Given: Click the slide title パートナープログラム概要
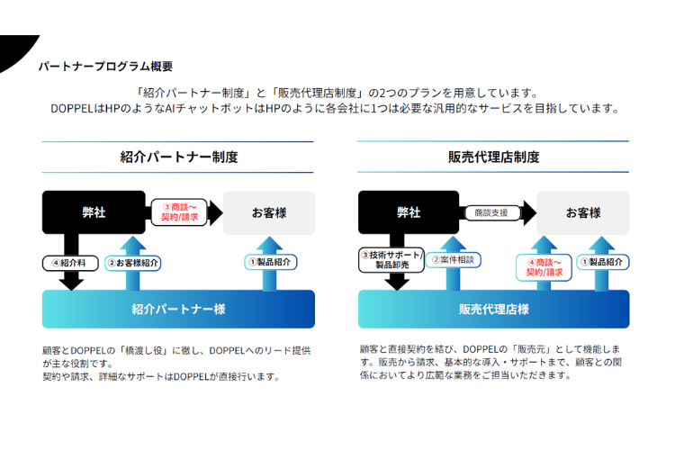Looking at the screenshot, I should click(105, 67).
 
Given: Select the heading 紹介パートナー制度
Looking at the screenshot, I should click(178, 157).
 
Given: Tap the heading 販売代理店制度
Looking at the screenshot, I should click(493, 157).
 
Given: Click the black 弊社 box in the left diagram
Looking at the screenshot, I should click(94, 212).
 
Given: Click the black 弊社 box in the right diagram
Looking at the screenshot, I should click(409, 212).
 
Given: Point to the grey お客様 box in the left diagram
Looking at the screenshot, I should click(269, 212).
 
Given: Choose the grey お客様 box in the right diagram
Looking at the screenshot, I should click(583, 212).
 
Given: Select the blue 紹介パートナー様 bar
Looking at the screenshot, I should click(178, 309).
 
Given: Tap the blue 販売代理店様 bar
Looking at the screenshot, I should click(493, 309).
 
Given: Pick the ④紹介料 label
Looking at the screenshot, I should click(70, 263).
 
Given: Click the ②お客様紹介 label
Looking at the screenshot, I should click(133, 263).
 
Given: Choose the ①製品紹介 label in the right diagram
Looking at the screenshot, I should click(603, 262).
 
